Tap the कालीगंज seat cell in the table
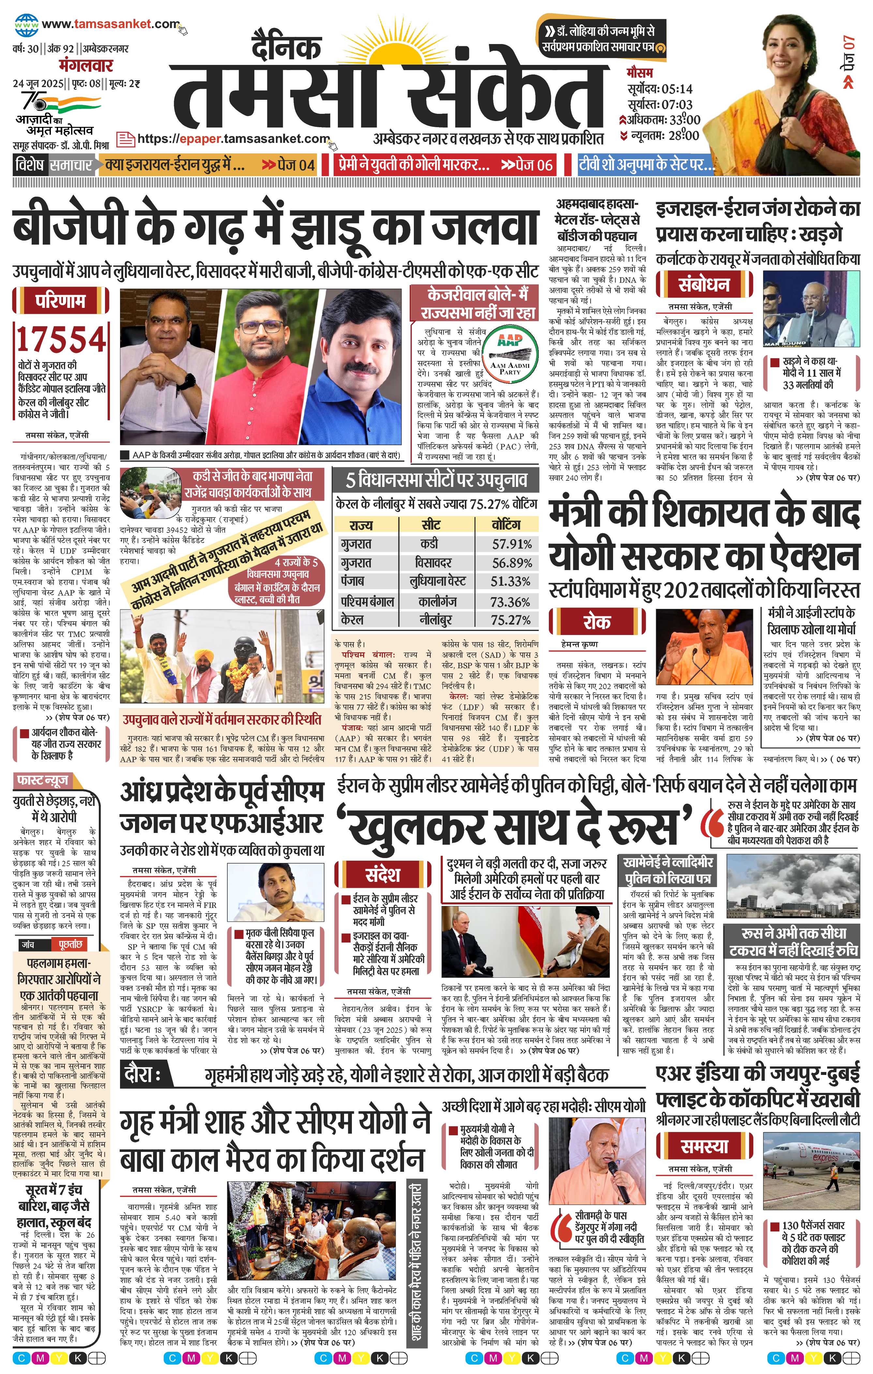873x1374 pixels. [x=436, y=601]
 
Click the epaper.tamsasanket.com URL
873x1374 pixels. [x=234, y=139]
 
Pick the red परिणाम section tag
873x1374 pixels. [x=60, y=301]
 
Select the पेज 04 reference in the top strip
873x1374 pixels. [x=288, y=165]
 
